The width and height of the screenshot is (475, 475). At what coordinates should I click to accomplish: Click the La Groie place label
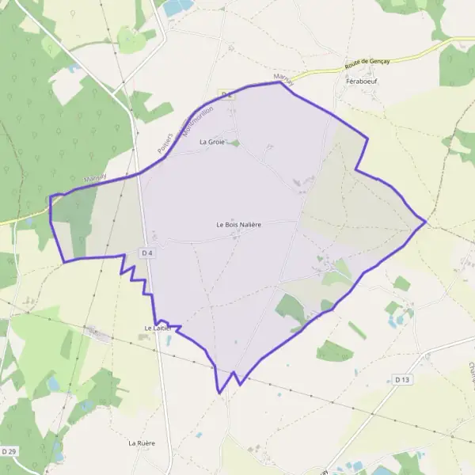pyautogui.click(x=212, y=142)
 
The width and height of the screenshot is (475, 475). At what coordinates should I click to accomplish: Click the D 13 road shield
pyautogui.click(x=402, y=380)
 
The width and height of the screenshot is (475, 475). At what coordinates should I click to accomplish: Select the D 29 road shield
pyautogui.click(x=9, y=450)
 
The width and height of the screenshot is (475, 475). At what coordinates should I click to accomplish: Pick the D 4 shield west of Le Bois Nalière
pyautogui.click(x=146, y=253)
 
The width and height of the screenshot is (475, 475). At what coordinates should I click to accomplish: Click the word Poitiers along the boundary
pyautogui.click(x=165, y=140)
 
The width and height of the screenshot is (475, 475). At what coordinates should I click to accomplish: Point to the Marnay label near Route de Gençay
pyautogui.click(x=283, y=78)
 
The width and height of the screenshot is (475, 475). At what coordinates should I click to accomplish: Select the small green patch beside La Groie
pyautogui.click(x=234, y=143)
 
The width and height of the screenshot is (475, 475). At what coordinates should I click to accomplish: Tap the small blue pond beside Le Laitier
pyautogui.click(x=144, y=336)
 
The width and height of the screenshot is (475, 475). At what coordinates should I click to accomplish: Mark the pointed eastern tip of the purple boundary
pyautogui.click(x=426, y=222)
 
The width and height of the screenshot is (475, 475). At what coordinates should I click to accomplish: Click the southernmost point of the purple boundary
pyautogui.click(x=220, y=392)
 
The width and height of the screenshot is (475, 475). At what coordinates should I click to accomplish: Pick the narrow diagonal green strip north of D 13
pyautogui.click(x=357, y=330)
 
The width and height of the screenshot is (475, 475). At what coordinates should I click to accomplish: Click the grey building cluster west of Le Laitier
pyautogui.click(x=101, y=336)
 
